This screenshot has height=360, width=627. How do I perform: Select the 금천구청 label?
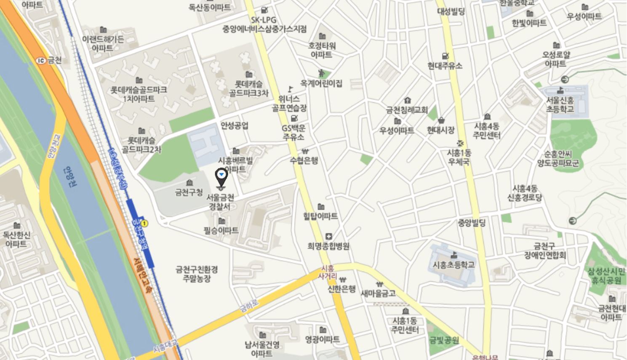tap(189, 193)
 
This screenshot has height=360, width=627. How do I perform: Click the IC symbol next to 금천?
tap(41, 60)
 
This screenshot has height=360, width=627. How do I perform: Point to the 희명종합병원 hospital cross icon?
tap(328, 237)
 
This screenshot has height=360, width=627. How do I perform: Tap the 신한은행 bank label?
tap(342, 289)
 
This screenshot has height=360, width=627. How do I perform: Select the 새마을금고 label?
tap(378, 293)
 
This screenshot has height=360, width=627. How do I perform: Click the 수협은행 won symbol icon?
tap(304, 152)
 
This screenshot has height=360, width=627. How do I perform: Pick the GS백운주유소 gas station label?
tap(293, 132)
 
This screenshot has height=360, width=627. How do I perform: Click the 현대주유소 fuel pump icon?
tap(445, 56)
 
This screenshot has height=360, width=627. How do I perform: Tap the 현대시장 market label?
tap(440, 130)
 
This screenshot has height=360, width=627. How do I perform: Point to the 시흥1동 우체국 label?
tap(459, 157)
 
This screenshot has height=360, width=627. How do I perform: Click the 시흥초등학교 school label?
tap(454, 264)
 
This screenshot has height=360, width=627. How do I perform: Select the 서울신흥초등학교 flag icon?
tap(560, 90)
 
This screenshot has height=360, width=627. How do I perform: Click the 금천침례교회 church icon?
tap(407, 101)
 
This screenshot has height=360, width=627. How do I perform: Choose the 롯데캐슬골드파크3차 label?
tap(248, 88)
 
